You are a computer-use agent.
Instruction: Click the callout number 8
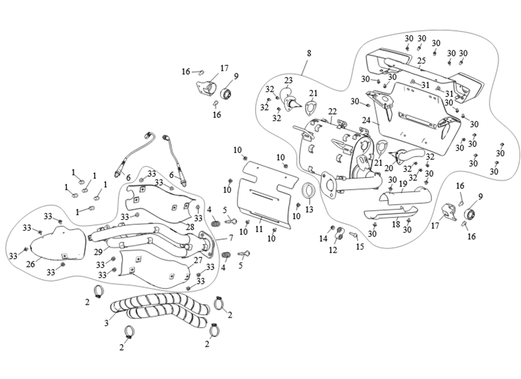pos(309,53)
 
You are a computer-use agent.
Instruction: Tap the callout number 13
pos(309,208)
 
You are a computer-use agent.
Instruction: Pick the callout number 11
pos(259,229)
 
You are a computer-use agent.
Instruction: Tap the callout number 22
pos(332,111)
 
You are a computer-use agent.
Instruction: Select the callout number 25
pos(422,60)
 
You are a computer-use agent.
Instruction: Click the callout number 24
pos(366,120)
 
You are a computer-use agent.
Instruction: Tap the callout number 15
pos(360,246)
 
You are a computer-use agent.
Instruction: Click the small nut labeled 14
pos(332,227)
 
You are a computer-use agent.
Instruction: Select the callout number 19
pos(403,183)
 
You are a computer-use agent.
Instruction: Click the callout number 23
pos(288,80)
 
